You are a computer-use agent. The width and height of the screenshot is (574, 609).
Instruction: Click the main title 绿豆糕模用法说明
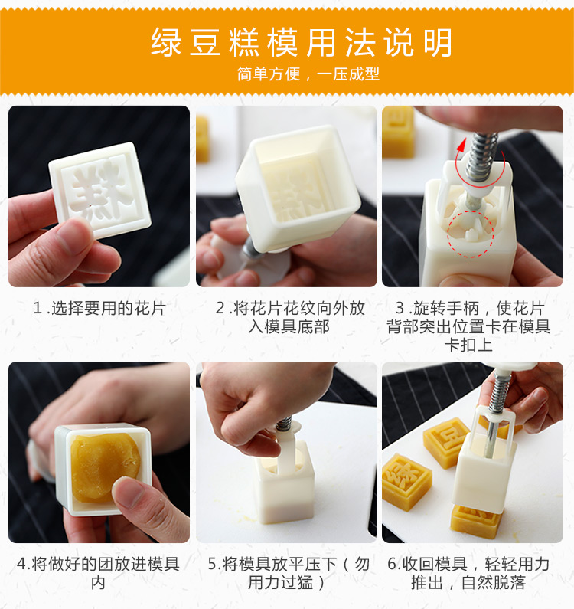302,42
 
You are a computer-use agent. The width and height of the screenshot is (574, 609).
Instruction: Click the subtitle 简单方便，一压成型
308,74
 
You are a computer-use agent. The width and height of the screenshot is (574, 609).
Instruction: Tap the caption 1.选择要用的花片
99,309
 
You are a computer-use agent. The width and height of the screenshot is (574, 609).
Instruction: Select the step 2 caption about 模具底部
290,317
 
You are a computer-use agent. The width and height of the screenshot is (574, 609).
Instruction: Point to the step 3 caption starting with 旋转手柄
468,326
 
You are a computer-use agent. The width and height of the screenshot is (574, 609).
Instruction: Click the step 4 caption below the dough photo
98,573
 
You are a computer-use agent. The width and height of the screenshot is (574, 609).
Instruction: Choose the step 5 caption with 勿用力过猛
289,573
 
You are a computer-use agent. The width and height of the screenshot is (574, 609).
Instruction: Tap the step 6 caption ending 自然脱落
468,573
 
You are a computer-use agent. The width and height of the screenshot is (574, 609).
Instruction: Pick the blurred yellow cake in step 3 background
398,132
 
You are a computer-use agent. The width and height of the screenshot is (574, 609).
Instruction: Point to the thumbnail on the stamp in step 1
73,237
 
